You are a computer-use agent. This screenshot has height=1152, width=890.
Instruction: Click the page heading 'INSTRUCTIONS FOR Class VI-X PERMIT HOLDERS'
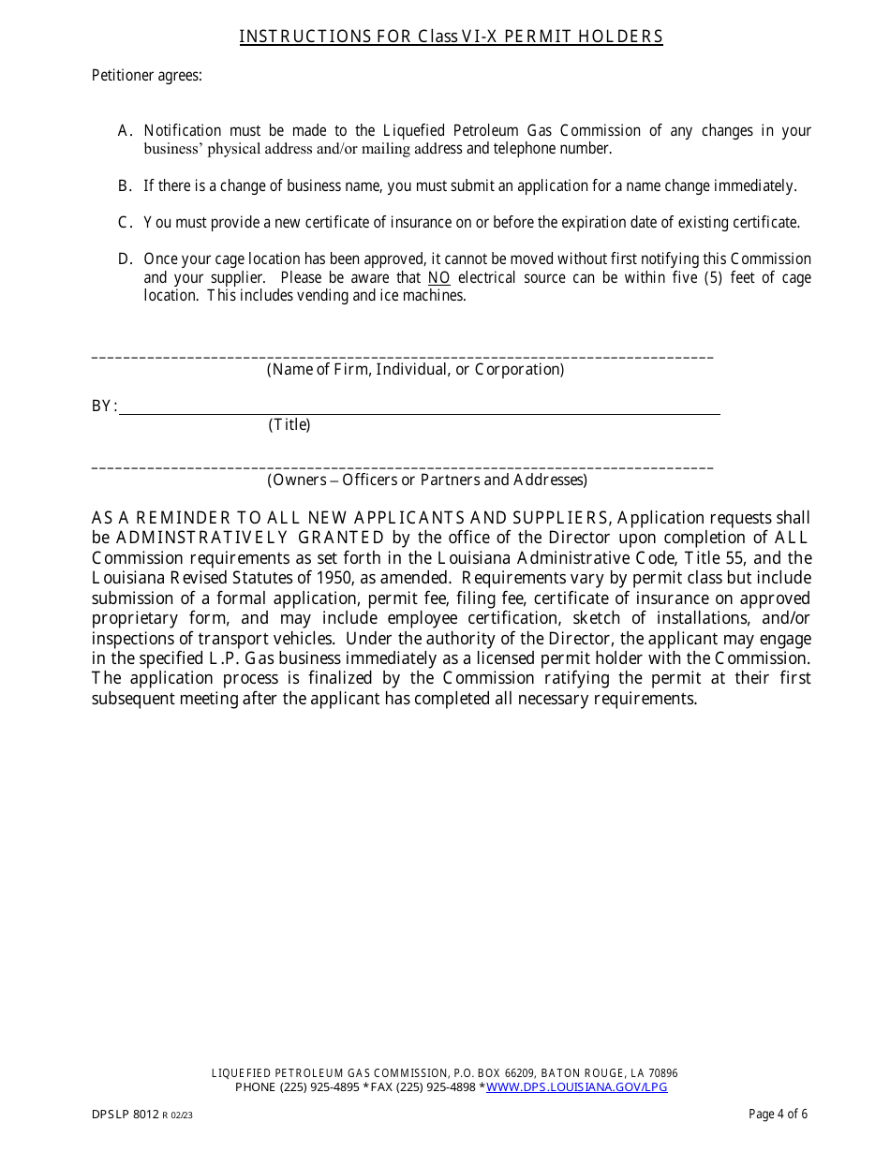point(451,37)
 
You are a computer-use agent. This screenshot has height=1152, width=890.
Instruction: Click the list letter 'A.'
point(126,131)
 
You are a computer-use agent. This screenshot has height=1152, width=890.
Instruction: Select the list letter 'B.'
point(126,185)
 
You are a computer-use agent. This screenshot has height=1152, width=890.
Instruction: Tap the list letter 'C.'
point(126,223)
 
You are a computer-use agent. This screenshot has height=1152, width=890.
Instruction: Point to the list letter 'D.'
point(126,259)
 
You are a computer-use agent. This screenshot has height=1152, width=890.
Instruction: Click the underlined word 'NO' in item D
point(438,278)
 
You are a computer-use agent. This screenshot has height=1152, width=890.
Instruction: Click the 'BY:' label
point(104,406)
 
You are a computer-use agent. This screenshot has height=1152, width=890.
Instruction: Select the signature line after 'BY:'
point(419,412)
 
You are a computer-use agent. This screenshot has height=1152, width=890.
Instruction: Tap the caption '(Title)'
point(289,425)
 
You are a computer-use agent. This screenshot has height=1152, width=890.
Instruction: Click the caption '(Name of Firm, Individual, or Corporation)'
point(416,370)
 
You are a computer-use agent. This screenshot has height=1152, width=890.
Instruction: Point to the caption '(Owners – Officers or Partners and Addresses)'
point(427,480)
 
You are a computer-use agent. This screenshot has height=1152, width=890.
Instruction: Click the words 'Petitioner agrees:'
point(146,76)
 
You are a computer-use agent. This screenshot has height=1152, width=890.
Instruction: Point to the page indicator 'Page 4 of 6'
point(778,1115)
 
